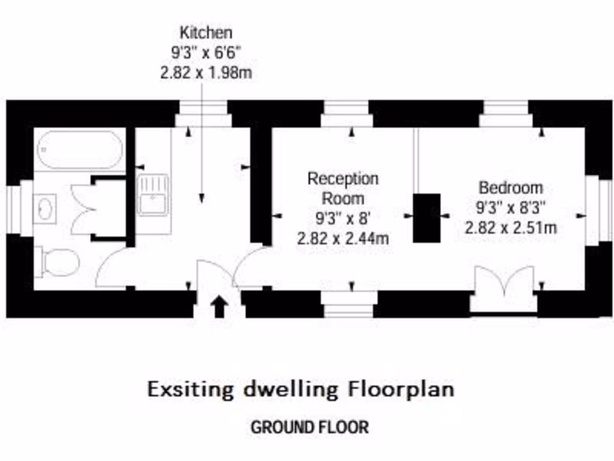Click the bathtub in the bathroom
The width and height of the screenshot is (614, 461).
tap(80, 149)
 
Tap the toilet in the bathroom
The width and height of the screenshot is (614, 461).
tap(60, 263)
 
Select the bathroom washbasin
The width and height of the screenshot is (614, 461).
tap(45, 208)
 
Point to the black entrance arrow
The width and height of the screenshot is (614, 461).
tap(219, 306)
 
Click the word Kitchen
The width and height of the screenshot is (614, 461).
tap(206, 32)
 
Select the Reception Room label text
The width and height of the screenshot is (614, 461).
tap(343, 188)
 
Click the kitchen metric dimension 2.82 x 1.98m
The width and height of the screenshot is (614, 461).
tap(206, 73)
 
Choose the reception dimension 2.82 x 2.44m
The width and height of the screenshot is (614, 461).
tap(343, 238)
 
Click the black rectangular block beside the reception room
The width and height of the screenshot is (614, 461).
tap(426, 217)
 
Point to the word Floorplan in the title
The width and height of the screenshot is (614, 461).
tap(401, 389)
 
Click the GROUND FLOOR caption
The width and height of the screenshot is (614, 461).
tap(309, 427)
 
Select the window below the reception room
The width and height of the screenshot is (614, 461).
tap(348, 304)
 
